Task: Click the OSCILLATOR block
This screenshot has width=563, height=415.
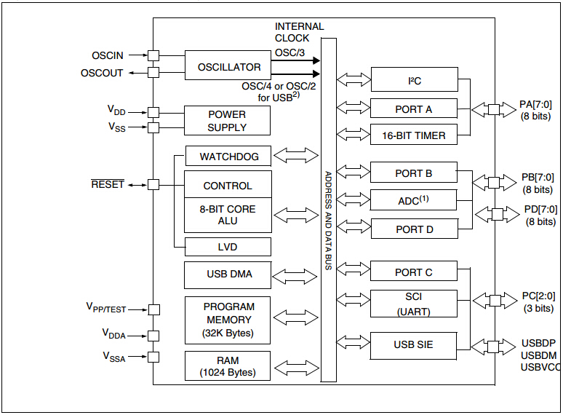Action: (228, 67)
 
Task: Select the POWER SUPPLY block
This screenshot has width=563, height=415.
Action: (227, 121)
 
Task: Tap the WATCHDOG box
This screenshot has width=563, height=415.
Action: (228, 157)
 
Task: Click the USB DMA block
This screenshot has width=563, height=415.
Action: (228, 275)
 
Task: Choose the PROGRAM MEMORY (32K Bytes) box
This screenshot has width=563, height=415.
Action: (228, 320)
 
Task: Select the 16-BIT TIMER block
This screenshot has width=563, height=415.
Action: (414, 135)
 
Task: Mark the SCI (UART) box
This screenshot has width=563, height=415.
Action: (414, 304)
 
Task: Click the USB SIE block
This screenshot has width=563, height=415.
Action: (414, 344)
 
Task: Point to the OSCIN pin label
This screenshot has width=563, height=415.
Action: (108, 55)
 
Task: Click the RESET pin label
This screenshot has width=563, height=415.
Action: (108, 184)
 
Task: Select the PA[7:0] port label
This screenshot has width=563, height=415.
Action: (535, 104)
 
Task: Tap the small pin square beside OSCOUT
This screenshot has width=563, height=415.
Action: (153, 72)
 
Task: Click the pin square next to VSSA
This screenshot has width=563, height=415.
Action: (153, 357)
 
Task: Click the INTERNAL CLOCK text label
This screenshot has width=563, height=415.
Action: (299, 32)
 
